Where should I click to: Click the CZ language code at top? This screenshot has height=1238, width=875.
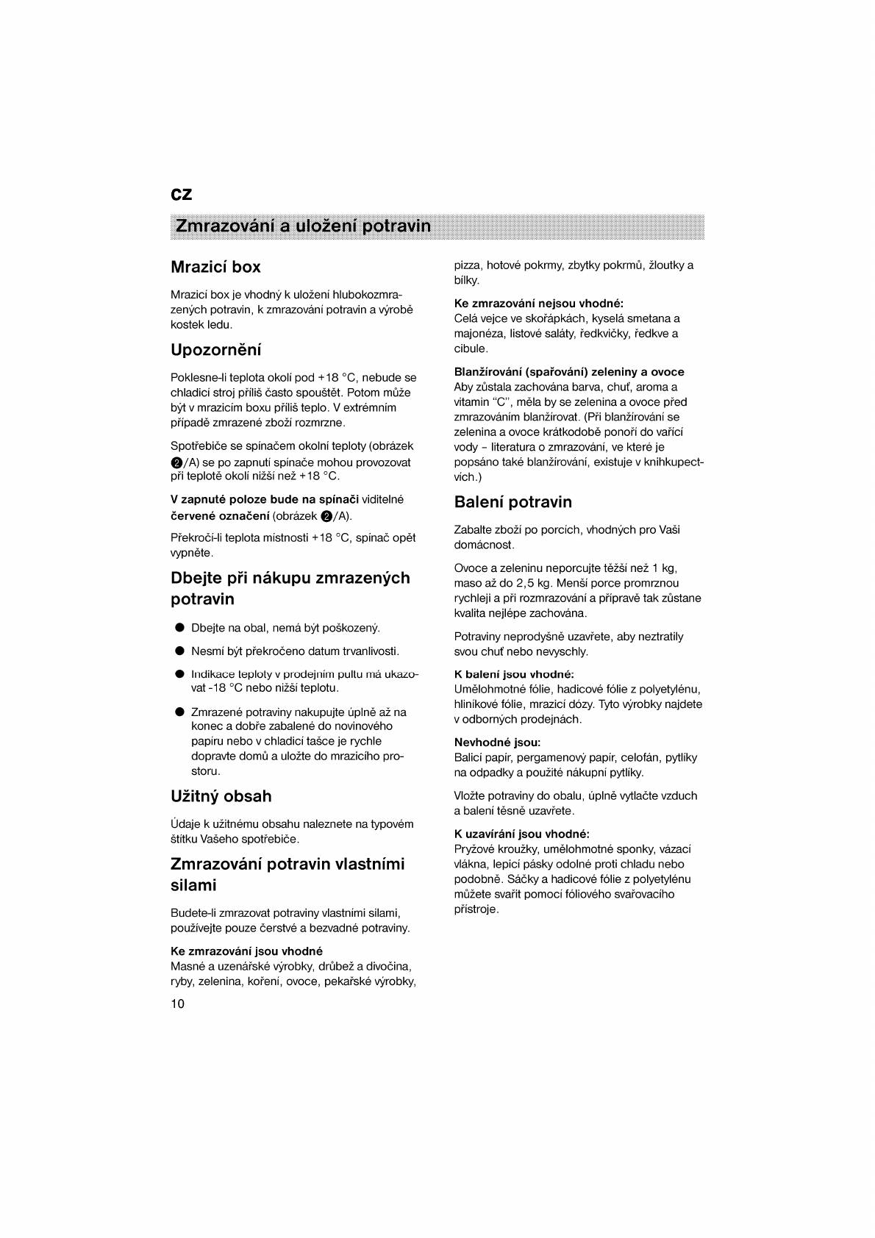[181, 194]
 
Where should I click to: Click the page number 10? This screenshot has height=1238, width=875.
[177, 1004]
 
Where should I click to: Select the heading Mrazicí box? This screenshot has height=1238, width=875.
[215, 267]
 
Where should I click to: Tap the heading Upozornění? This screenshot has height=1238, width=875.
[215, 350]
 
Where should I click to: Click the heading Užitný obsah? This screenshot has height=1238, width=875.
[221, 796]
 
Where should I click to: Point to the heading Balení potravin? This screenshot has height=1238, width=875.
[512, 502]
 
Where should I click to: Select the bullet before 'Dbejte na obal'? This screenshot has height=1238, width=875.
[179, 628]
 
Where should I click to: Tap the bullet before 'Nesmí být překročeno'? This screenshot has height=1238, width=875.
[179, 651]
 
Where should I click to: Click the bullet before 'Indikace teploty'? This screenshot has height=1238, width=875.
[179, 674]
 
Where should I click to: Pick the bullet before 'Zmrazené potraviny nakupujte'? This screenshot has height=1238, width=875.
[179, 712]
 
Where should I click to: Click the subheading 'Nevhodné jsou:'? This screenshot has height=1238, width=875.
[497, 743]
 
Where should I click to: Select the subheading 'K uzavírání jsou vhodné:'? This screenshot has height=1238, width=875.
[521, 834]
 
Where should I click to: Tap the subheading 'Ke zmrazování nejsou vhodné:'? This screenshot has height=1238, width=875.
[538, 304]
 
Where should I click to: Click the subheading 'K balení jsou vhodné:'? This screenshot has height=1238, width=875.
[513, 674]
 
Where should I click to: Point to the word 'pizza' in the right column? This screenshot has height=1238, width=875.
[467, 265]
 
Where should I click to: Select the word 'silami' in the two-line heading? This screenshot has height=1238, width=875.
[193, 885]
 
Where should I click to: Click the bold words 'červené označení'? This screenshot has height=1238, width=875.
[220, 516]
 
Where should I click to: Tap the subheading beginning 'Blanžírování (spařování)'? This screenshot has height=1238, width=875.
[568, 372]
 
